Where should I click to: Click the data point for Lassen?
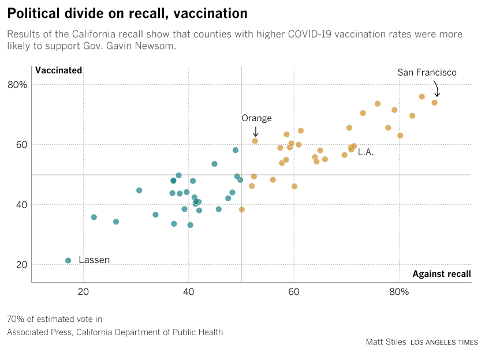(68, 261)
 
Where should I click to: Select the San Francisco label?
(427, 73)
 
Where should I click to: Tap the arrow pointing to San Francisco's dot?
(436, 89)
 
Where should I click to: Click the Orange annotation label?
(256, 118)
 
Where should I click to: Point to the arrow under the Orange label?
(256, 131)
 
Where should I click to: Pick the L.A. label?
(365, 152)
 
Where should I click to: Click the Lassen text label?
(94, 260)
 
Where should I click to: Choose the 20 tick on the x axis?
(83, 291)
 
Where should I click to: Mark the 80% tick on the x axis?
(399, 291)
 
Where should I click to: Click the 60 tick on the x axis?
(294, 291)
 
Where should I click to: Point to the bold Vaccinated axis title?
(59, 70)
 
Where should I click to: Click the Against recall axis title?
(442, 273)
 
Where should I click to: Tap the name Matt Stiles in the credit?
(385, 342)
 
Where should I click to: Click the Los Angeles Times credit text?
(444, 343)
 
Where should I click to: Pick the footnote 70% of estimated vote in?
(54, 319)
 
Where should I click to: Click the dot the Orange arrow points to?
(255, 141)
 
